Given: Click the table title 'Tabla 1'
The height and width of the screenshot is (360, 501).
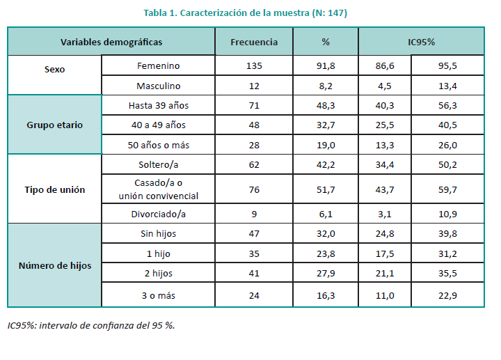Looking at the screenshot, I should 245,13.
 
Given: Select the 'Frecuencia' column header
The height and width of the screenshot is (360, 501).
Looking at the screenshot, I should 254,42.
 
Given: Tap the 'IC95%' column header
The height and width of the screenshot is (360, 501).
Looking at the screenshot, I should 421,42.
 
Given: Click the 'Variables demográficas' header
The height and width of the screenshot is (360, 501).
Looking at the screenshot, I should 111,42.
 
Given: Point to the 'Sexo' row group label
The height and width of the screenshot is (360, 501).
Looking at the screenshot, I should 54,70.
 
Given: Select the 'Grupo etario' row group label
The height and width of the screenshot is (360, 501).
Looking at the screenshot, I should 54,125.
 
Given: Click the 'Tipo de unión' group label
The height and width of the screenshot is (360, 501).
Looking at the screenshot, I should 54,190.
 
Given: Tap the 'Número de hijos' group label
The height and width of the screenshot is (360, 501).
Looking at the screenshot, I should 54,265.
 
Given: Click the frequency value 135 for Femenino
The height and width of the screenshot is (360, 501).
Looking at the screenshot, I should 254,65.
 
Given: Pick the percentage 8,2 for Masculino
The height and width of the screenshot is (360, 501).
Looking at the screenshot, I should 326,86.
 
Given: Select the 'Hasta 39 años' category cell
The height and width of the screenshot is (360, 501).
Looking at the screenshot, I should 159,105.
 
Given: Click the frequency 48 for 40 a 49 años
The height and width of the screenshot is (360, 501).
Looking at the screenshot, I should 254,125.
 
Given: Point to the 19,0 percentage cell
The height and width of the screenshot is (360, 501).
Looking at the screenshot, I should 326,145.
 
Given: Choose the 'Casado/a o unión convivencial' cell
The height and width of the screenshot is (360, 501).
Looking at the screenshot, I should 159,190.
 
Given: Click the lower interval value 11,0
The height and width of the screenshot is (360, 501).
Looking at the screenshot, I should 384,295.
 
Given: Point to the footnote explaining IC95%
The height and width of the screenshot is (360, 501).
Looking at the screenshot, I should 91,325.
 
